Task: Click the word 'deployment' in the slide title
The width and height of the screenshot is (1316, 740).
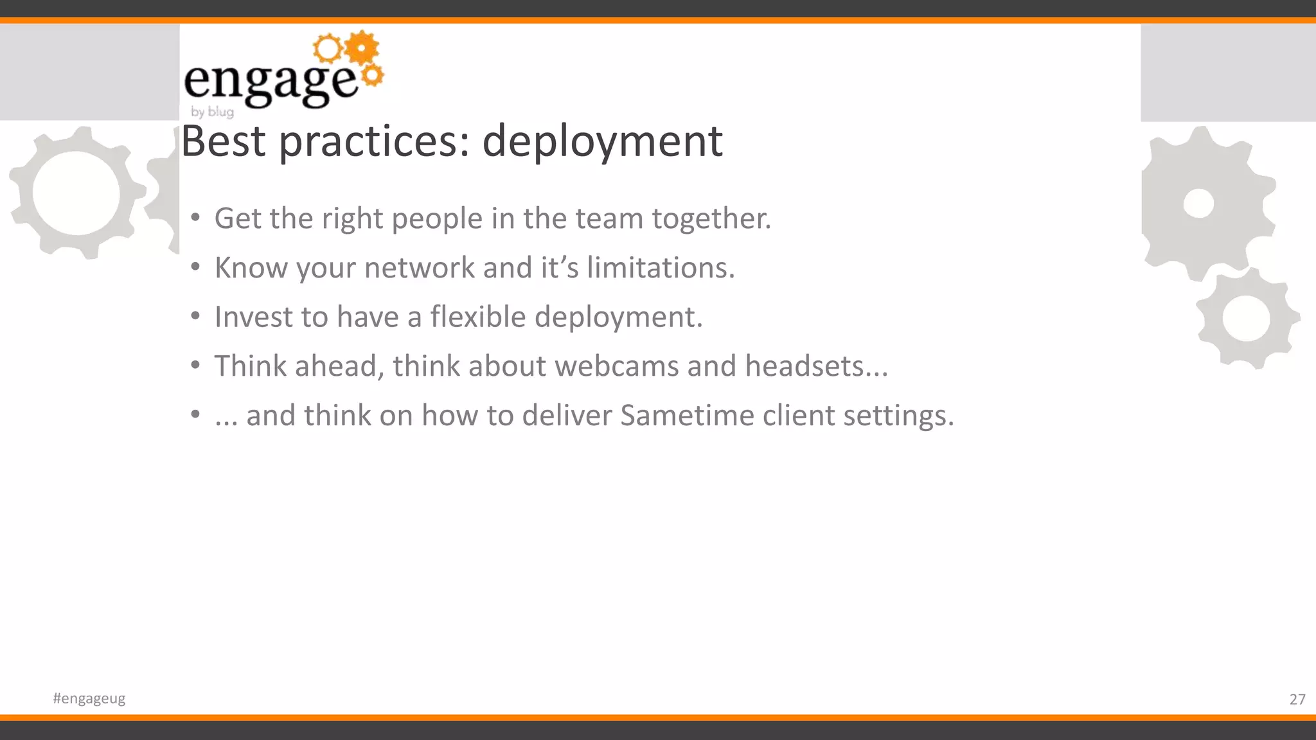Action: click(x=602, y=142)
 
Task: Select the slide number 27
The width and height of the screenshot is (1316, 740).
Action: click(x=1297, y=699)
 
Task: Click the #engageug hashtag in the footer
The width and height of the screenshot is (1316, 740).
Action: click(x=89, y=698)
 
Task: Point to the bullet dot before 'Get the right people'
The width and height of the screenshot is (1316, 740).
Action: click(x=195, y=217)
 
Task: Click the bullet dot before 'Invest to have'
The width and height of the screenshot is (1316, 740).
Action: click(x=195, y=315)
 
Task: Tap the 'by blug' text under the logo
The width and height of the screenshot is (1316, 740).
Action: click(x=212, y=112)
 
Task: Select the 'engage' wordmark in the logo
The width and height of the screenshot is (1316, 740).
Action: click(x=270, y=84)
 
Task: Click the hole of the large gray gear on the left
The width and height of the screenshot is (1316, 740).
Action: click(x=76, y=193)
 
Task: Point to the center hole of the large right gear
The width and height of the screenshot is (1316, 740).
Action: click(x=1198, y=204)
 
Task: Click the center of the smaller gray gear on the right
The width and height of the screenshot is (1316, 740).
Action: click(x=1246, y=319)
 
